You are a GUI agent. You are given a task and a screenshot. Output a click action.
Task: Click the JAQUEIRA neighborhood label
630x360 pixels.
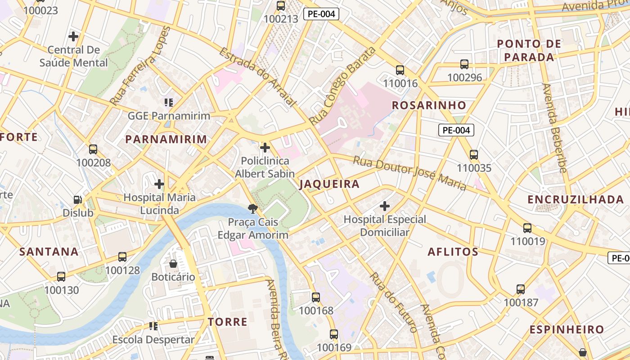(329, 184)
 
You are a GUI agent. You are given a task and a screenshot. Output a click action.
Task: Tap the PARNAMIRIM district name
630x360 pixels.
(166, 139)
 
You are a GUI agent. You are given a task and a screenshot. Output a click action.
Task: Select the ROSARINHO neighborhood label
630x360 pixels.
(429, 105)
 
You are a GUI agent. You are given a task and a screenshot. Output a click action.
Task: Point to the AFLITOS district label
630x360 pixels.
(453, 252)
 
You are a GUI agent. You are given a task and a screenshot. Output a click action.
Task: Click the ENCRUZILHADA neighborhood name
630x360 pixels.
(576, 199)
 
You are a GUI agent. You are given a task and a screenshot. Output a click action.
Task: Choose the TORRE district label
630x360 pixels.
(228, 322)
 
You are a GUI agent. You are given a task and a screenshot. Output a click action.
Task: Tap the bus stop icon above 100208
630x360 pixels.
(93, 149)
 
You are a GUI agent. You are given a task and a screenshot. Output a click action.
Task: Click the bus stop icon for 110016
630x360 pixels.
(400, 70)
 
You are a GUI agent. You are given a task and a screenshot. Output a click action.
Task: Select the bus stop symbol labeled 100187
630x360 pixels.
(521, 289)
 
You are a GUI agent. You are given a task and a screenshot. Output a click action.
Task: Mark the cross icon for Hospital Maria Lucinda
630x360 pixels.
(159, 184)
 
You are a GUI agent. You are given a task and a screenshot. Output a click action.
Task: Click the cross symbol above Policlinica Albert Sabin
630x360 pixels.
(265, 148)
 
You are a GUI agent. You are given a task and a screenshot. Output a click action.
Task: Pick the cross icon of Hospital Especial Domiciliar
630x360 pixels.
(384, 207)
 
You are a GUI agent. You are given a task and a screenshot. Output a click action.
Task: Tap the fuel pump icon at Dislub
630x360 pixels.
(78, 199)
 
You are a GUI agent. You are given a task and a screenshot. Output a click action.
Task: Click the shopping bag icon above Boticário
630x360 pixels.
(173, 264)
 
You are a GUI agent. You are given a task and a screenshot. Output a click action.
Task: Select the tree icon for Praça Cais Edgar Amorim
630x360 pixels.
(253, 208)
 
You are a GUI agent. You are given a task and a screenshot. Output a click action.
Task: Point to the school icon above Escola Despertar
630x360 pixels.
(153, 326)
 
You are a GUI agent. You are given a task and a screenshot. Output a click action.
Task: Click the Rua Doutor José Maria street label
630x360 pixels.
(409, 173)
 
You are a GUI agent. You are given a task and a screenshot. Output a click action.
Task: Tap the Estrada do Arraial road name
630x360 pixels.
(258, 77)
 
